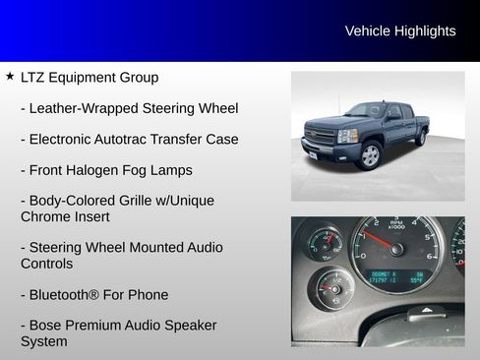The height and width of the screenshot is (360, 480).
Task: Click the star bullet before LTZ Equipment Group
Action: coord(9,76)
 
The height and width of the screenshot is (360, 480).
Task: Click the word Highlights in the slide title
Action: coord(425,31)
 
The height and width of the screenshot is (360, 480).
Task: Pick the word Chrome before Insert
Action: coord(44,216)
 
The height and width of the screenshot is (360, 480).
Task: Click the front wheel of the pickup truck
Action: coord(370,154)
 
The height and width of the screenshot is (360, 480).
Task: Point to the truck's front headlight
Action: coord(347,136)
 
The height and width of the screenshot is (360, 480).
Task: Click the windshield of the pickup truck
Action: coord(367,110)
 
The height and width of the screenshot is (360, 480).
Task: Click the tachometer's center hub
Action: coord(396,250)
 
